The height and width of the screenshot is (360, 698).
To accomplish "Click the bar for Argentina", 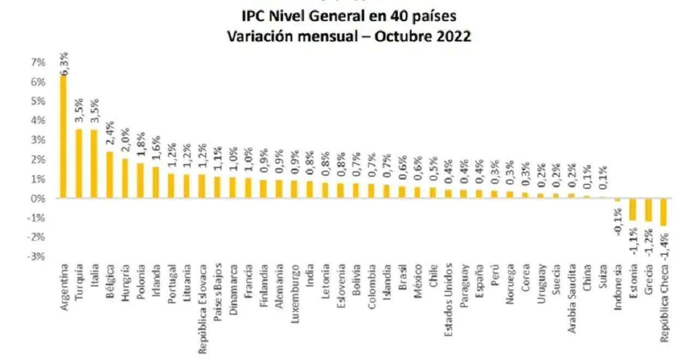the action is click(x=63, y=136).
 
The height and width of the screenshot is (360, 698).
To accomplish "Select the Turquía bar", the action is click(x=79, y=163).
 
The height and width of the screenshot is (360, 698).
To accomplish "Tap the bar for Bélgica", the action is click(x=110, y=175).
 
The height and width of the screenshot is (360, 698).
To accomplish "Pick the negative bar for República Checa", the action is click(x=664, y=212).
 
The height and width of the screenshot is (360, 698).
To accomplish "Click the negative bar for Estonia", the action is click(x=633, y=209).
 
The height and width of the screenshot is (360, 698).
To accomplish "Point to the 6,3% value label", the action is click(x=64, y=64).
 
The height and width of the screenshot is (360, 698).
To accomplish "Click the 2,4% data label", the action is click(x=110, y=133).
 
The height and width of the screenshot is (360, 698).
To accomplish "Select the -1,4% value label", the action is click(x=664, y=245).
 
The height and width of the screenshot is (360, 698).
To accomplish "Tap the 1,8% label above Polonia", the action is click(x=141, y=144).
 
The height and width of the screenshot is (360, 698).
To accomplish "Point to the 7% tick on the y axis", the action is click(x=38, y=63).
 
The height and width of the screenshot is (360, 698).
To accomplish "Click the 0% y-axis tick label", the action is click(x=38, y=199).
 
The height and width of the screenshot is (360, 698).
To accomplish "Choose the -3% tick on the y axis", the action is click(x=36, y=257).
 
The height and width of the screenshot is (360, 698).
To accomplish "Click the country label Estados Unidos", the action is click(x=448, y=300).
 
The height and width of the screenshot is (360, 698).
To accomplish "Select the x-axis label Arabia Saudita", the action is click(x=572, y=298).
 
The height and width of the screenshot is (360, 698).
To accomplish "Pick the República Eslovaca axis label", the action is click(x=202, y=309).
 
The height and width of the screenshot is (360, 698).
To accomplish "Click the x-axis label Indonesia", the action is click(x=618, y=287).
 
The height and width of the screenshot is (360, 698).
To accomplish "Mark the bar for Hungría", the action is click(x=125, y=178).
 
